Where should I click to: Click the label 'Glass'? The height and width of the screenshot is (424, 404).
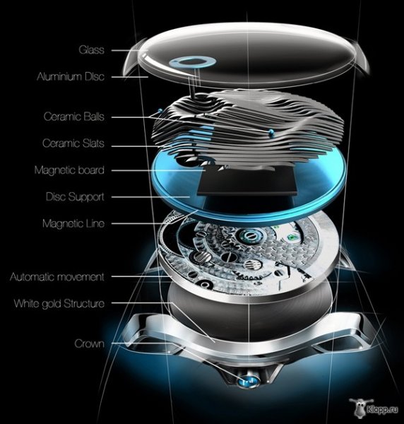coord(91,50)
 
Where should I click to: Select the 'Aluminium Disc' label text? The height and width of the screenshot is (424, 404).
coord(71,76)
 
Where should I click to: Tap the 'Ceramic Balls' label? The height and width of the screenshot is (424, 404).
coord(74,117)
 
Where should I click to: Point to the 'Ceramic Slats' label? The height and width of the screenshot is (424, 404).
coord(73,143)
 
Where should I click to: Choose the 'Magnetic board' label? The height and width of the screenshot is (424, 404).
coord(69,170)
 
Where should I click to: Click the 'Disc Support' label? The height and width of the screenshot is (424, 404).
coord(75,196)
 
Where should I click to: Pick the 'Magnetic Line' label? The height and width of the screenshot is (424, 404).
coord(73,223)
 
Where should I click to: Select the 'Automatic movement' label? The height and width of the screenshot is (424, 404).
coord(57,277)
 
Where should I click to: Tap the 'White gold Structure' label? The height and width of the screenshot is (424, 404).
coord(59,303)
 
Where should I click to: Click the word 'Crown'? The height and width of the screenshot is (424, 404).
coord(89,343)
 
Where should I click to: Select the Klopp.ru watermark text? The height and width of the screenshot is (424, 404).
coord(382,410)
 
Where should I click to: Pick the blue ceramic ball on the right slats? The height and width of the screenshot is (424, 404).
coord(271,132)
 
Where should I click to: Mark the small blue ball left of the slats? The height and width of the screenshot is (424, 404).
coord(160,110)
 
